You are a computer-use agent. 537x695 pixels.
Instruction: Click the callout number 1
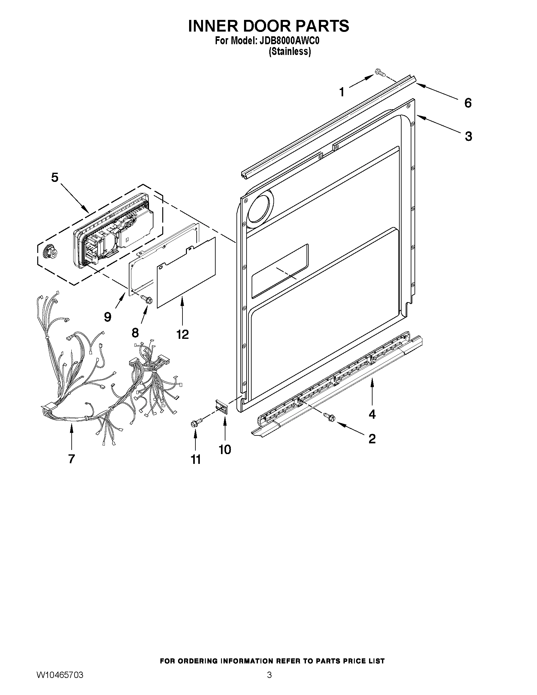coord(342,92)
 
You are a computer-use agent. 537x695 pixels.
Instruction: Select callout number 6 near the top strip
coord(468,103)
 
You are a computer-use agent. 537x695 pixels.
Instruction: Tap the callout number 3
coord(468,136)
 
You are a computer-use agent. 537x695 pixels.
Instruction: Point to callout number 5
coord(55,177)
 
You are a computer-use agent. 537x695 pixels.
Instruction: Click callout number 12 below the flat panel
coord(182,334)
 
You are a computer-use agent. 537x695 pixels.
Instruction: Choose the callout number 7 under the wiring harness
coord(71,458)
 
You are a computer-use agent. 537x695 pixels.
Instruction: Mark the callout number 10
coord(225,449)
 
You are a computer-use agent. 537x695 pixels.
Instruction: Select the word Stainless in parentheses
coord(289,51)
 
